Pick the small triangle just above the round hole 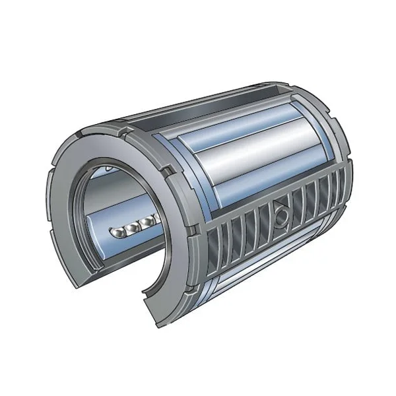(x=280, y=199)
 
